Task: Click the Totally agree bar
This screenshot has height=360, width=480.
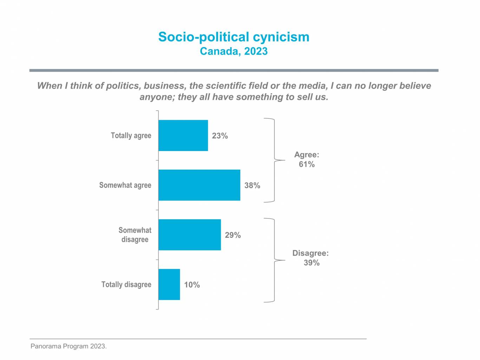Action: coord(183,136)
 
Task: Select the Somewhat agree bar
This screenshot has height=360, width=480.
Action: coord(199,185)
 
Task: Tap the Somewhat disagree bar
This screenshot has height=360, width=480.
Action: coord(190,235)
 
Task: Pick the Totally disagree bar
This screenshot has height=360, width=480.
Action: coord(169,284)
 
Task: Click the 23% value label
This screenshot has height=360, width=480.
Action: coord(220,136)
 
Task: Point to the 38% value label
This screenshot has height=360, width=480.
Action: coord(252,185)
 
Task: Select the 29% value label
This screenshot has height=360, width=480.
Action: coord(233,235)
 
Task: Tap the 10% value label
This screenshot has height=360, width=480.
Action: coord(192,285)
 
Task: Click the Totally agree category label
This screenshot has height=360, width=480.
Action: coord(131,136)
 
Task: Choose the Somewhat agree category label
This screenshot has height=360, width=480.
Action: coord(125,185)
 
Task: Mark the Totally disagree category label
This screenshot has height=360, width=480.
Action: coord(126,284)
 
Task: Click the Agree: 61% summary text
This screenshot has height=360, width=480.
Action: coord(307,159)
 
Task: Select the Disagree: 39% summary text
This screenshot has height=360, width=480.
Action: coord(311,258)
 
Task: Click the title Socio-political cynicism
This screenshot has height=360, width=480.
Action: coord(234,37)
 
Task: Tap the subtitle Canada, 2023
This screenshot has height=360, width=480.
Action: coord(234,51)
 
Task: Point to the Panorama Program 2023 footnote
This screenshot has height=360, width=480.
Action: coord(68,346)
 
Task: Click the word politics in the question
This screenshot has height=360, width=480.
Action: coord(122,86)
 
